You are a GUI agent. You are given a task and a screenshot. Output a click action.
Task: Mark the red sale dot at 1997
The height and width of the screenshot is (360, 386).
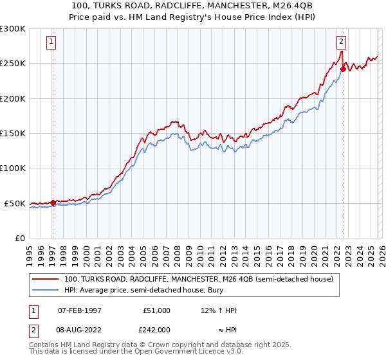[x=53, y=203]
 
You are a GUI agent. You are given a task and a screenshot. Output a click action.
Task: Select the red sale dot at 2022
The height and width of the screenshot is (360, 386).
[x=343, y=69]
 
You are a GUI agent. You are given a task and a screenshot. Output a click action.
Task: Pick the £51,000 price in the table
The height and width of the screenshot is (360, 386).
[x=156, y=310]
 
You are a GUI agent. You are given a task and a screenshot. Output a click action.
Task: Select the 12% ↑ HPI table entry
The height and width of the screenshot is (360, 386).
[x=219, y=310]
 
